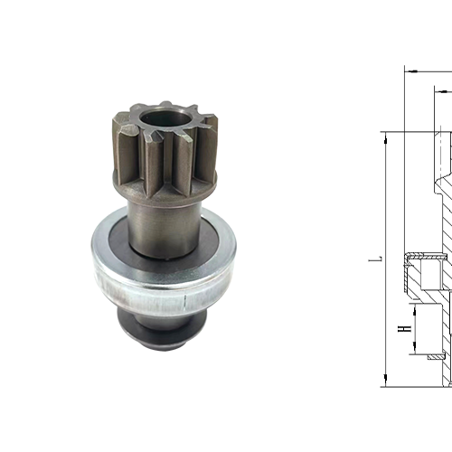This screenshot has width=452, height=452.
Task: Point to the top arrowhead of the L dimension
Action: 384,136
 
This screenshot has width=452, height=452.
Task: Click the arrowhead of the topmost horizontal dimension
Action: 408,70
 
